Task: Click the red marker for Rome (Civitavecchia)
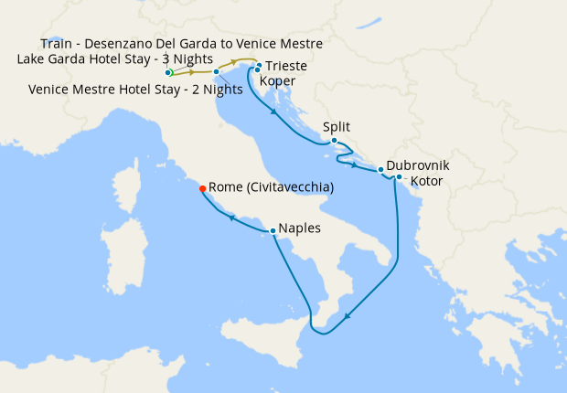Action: (202, 187)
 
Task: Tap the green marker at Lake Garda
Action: (169, 72)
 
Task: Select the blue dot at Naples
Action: (273, 230)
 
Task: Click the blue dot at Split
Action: (334, 141)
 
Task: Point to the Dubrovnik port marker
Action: (380, 170)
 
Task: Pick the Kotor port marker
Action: (399, 177)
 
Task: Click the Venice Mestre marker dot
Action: (216, 71)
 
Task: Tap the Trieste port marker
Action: (260, 66)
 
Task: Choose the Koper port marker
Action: (257, 70)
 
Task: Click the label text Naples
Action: (300, 228)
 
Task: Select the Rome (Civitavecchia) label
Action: (271, 187)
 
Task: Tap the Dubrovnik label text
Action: (418, 166)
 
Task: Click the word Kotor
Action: (427, 182)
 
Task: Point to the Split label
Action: (337, 128)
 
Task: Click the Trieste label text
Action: (285, 67)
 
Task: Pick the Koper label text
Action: (277, 80)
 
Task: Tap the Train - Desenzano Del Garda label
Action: (181, 43)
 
